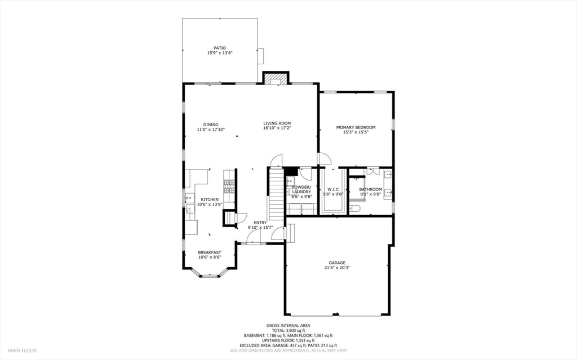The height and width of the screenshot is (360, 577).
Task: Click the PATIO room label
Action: tap(220, 48)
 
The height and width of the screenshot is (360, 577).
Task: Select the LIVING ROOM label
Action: tap(277, 123)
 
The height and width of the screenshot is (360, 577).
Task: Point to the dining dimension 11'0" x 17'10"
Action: tap(211, 130)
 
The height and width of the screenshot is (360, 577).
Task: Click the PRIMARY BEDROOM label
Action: tap(356, 127)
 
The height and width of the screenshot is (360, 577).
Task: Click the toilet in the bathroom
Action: tap(355, 209)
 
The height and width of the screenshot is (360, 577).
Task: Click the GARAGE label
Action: tap(337, 263)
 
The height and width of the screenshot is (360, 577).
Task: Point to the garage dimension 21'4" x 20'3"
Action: tap(337, 268)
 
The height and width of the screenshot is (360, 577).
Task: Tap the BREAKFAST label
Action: tap(209, 252)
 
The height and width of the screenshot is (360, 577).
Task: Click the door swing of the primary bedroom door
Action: tap(323, 158)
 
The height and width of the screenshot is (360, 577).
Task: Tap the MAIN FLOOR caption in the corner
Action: tap(23, 350)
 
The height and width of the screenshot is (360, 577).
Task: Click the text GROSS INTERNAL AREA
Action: tap(288, 325)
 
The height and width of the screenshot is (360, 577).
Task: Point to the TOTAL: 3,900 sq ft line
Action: tap(288, 330)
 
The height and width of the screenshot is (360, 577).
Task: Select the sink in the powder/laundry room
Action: tap(291, 181)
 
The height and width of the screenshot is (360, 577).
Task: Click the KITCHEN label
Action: tap(210, 199)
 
